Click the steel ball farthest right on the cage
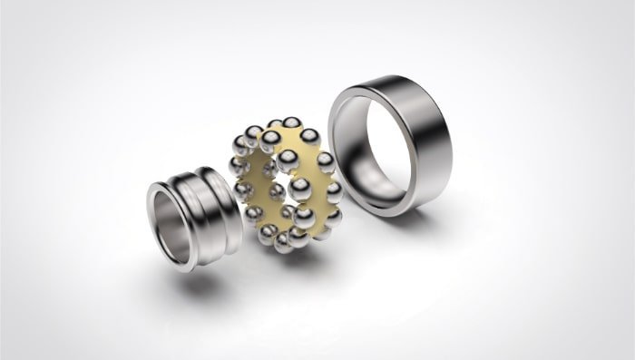[x=334, y=190]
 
